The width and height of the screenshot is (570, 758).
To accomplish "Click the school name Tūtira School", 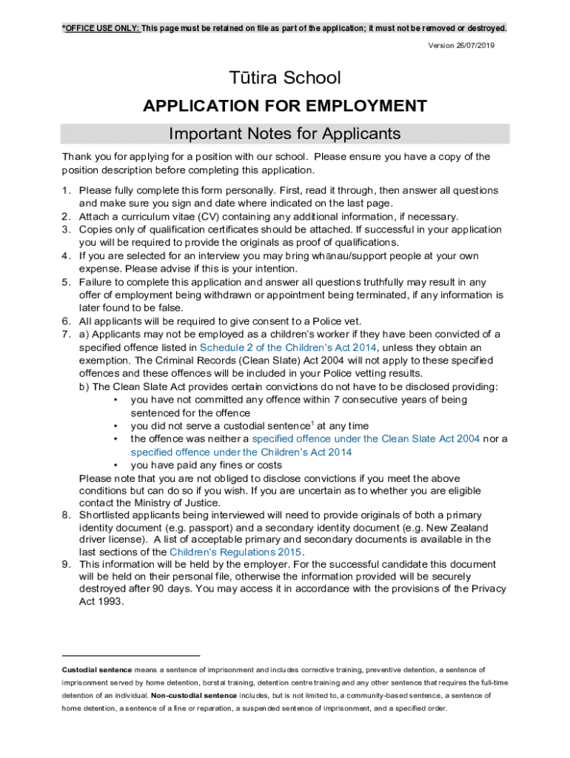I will (x=284, y=78).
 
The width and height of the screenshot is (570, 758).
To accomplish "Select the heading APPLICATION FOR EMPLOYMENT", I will (x=284, y=106).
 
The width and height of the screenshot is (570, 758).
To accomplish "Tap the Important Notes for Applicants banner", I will (x=284, y=134).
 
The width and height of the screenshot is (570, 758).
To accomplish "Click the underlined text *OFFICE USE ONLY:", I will (x=101, y=28).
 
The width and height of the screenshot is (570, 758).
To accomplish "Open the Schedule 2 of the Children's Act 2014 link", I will (x=289, y=347).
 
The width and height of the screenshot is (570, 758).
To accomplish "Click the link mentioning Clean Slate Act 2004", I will (x=366, y=439).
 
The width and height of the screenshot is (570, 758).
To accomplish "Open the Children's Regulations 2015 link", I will (x=236, y=552).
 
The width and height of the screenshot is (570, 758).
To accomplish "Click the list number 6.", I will (x=66, y=321).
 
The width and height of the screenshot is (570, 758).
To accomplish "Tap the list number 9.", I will (x=66, y=564).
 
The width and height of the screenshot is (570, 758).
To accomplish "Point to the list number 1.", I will (x=66, y=190).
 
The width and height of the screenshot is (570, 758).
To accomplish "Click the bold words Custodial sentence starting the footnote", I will (x=97, y=670).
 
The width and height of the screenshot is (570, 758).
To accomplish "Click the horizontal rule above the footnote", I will (x=131, y=655).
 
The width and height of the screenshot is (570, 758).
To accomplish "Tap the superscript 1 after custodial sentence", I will (x=312, y=423).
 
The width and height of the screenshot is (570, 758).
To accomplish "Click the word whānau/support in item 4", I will (x=342, y=256).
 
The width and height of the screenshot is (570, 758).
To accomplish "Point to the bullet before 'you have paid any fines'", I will (x=116, y=466).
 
